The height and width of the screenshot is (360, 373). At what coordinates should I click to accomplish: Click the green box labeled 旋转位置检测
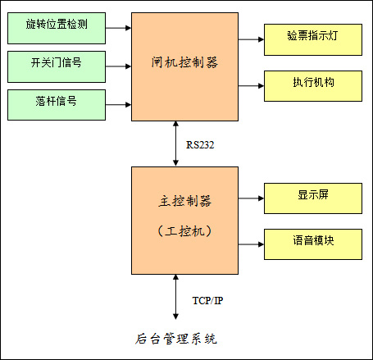[57, 28]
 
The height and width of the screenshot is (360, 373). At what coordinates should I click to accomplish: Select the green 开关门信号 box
[57, 66]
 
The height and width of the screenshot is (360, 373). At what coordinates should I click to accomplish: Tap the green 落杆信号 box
[57, 105]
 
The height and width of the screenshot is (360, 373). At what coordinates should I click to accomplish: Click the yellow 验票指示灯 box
[313, 39]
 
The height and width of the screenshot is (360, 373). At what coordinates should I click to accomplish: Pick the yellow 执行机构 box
[313, 86]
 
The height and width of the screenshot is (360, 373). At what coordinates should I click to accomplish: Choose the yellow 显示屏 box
[313, 198]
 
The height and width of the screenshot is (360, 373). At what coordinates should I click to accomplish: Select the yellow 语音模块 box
[313, 244]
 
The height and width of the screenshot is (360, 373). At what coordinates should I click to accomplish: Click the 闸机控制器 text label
[184, 62]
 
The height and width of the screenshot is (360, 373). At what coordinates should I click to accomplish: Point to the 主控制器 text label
[185, 201]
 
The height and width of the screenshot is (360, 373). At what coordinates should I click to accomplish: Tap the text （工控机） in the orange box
[184, 231]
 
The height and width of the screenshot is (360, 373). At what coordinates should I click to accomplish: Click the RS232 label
[200, 145]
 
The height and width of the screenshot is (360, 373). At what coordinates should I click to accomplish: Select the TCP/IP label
[207, 301]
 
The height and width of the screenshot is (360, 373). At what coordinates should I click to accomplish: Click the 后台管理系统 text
[176, 339]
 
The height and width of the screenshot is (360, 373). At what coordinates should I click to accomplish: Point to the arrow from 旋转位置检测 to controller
[119, 28]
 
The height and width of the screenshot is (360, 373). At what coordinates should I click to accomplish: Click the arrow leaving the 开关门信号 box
[119, 66]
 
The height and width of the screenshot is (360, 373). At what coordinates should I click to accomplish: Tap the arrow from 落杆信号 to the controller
[119, 105]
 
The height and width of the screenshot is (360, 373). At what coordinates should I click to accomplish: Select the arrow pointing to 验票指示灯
[251, 39]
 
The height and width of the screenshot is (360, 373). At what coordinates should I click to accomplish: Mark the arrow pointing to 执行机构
[251, 86]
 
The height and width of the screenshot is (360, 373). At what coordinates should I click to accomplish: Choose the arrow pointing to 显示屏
[251, 198]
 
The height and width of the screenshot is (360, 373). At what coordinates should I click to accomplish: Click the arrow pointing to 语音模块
[251, 244]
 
